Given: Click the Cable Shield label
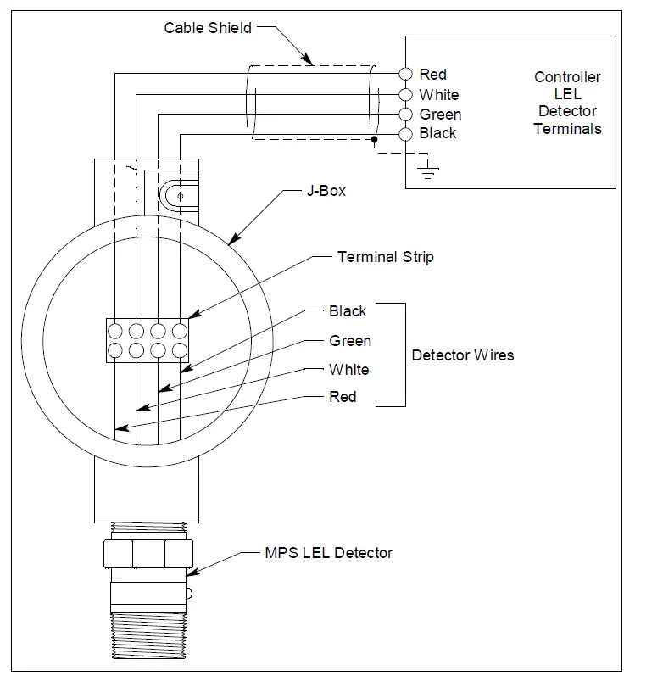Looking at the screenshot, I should click(x=208, y=28).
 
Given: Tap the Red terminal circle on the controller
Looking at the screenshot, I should click(x=405, y=75).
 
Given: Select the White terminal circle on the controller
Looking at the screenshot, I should click(x=405, y=94).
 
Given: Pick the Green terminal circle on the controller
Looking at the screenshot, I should click(x=405, y=114).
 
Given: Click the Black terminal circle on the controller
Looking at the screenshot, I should click(x=405, y=133).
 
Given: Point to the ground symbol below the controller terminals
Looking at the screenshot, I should click(x=429, y=170).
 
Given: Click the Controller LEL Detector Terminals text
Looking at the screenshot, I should click(x=567, y=103).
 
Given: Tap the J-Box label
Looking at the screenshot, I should click(x=326, y=191).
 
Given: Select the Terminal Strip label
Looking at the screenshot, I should click(x=385, y=256).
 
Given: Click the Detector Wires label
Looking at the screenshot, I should click(x=462, y=355).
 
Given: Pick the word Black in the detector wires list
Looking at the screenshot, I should click(x=348, y=311).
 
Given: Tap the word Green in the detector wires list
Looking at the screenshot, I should click(x=350, y=341).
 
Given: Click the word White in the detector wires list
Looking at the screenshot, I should click(x=349, y=369).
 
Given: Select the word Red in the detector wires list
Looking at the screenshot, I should click(x=343, y=397).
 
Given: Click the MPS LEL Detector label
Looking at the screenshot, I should click(x=329, y=553).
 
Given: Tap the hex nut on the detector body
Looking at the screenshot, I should click(x=148, y=555).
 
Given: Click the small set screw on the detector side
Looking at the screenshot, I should click(x=191, y=592).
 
